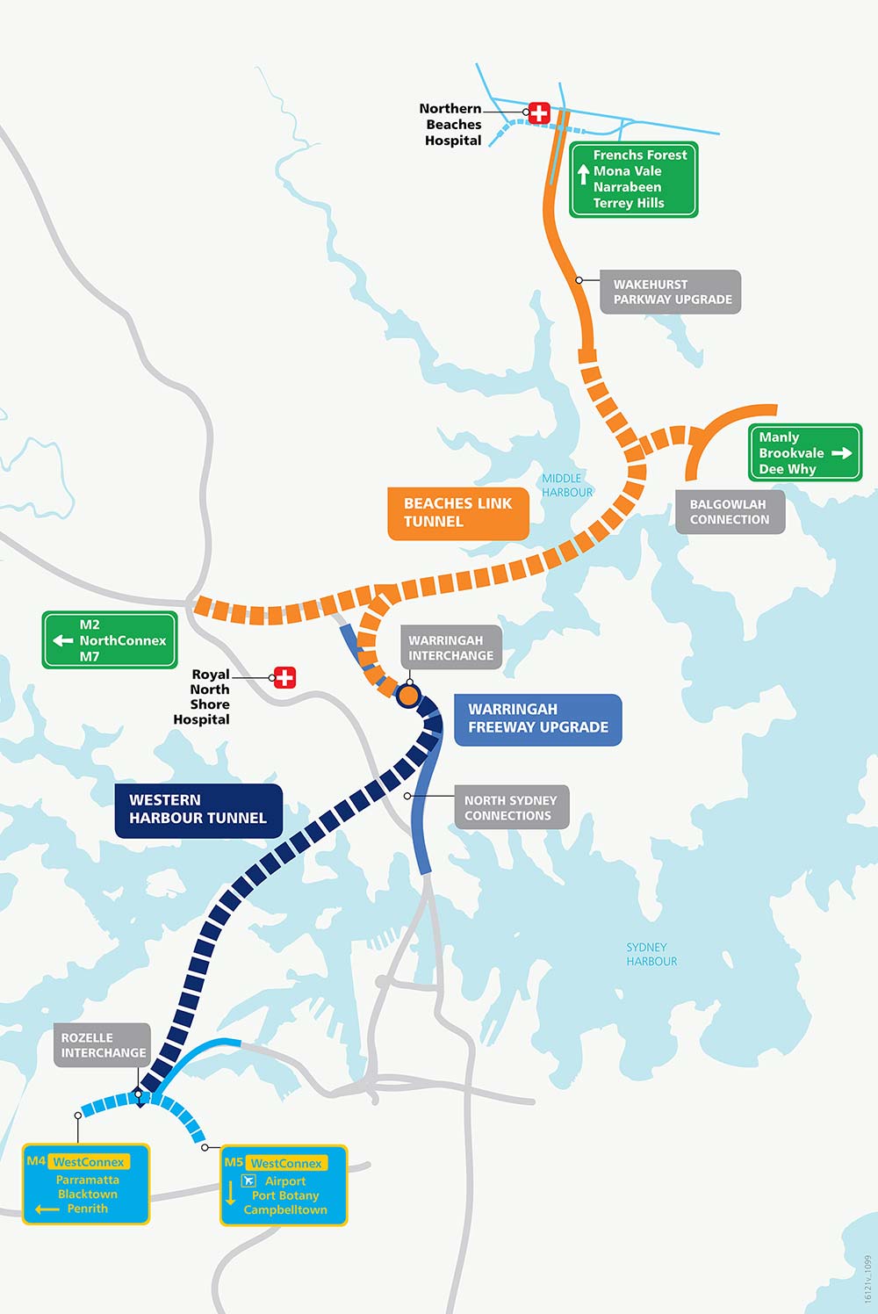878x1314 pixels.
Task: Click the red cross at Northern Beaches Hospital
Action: tap(538, 112)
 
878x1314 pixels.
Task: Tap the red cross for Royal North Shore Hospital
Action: tap(284, 677)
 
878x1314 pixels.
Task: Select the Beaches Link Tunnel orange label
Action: tap(457, 513)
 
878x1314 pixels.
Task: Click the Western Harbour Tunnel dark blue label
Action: tap(198, 810)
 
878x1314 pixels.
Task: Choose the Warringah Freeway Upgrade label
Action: tap(537, 719)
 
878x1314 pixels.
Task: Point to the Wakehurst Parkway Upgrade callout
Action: tap(671, 292)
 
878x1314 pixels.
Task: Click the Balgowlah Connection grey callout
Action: tap(729, 512)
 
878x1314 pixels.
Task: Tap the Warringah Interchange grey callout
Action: tap(450, 648)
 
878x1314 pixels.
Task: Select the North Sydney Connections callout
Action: tap(510, 808)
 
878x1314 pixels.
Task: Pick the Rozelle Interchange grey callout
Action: tap(103, 1045)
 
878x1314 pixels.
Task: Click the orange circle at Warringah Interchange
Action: tap(408, 696)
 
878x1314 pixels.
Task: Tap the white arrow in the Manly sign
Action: tap(841, 453)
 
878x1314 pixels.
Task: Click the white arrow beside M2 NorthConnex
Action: tap(63, 640)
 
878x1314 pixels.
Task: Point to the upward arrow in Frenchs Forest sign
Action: tap(583, 174)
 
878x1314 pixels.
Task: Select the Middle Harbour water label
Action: tap(566, 486)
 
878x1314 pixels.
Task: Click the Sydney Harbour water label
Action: tap(651, 955)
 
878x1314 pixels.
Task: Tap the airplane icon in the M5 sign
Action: tap(248, 1180)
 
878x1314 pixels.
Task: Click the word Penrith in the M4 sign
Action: tap(88, 1209)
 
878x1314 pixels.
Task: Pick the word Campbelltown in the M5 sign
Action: tap(285, 1210)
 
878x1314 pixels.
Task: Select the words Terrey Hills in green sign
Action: tap(629, 203)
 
